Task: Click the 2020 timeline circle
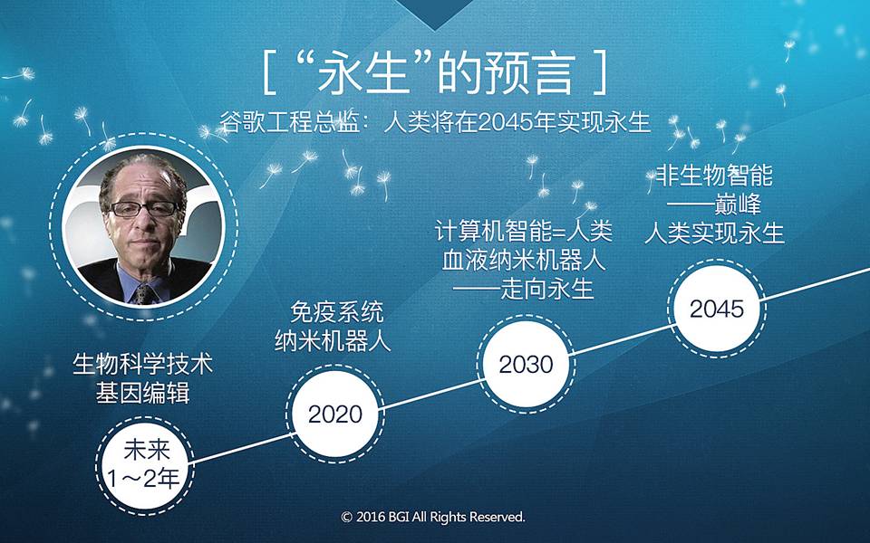tap(335, 414)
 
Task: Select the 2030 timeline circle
tap(526, 364)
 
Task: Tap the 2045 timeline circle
tap(716, 308)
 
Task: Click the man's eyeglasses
tap(144, 209)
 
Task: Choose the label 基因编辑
tap(142, 393)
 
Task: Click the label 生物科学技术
tap(142, 364)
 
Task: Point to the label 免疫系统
tap(336, 312)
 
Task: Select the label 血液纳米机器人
tap(523, 260)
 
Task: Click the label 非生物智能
tap(714, 176)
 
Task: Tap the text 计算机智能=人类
tap(523, 231)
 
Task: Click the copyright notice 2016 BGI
tap(433, 517)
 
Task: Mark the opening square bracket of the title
tap(269, 72)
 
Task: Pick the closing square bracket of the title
tap(601, 72)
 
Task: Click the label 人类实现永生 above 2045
tap(714, 233)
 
